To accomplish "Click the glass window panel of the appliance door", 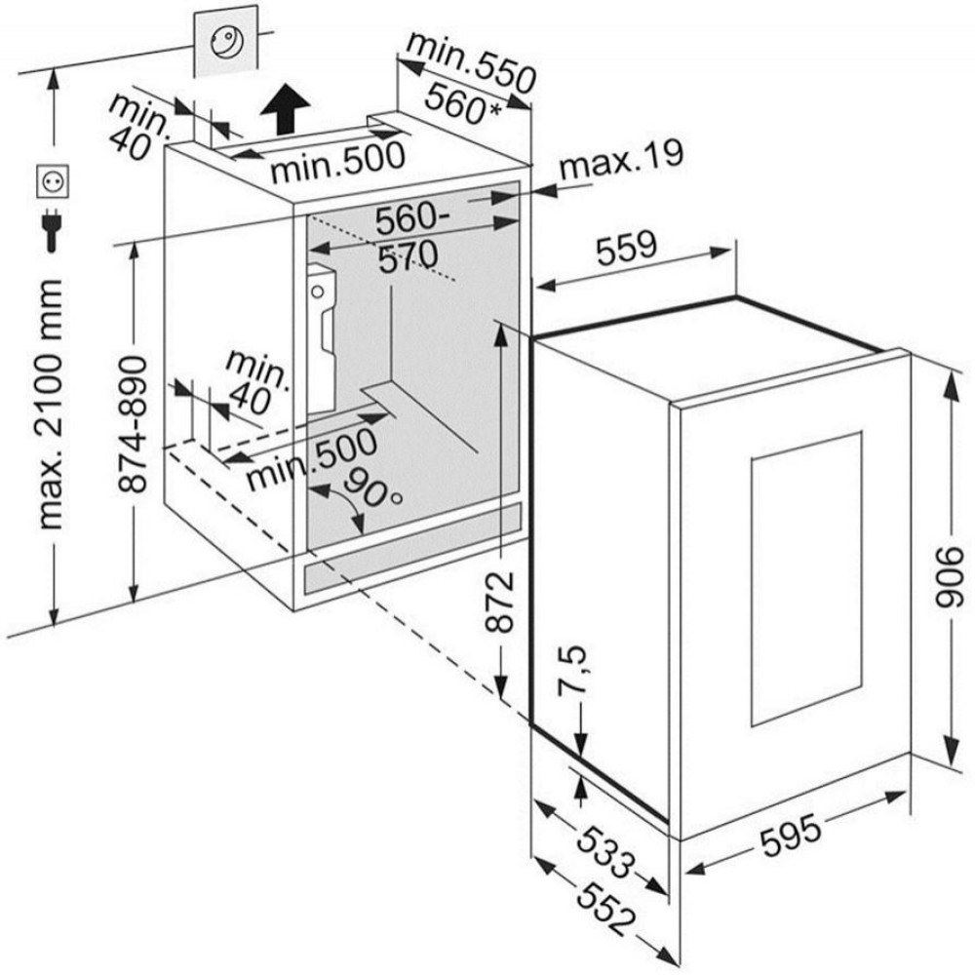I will pos(806,581).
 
